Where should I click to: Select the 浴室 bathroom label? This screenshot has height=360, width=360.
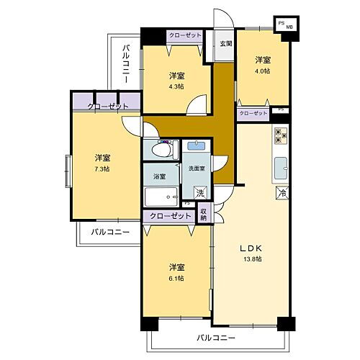[x=158, y=176]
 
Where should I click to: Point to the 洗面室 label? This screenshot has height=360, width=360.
[x=197, y=168]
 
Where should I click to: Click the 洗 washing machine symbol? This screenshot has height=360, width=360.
[x=202, y=192]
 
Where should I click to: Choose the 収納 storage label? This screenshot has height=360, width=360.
[x=204, y=214]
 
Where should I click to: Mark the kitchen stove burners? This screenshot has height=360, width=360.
[x=281, y=135]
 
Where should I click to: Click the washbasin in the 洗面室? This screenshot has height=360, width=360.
[x=196, y=146]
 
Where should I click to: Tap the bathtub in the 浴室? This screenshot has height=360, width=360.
[x=160, y=197]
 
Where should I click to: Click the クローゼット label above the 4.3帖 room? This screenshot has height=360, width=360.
[x=184, y=35]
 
